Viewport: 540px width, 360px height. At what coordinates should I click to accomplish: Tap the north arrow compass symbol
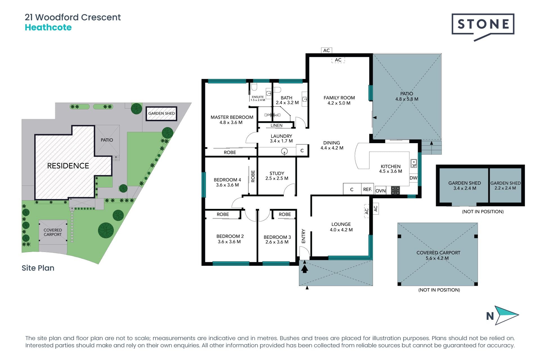(x=507, y=315)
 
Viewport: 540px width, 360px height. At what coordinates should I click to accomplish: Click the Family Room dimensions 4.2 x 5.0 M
(x=339, y=103)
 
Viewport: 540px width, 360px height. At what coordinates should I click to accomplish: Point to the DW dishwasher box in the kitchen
(x=413, y=178)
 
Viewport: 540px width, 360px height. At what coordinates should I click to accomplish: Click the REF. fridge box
(x=368, y=189)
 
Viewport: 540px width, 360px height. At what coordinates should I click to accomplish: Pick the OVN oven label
(x=381, y=191)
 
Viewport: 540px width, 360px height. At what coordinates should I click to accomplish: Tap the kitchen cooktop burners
(x=395, y=190)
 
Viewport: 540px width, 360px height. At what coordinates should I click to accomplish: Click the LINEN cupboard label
(x=276, y=125)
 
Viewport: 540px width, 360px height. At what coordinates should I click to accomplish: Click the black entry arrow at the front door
(x=305, y=269)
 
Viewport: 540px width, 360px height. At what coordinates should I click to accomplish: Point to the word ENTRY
(x=303, y=236)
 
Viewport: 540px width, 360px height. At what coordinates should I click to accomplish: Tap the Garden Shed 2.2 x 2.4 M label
(x=505, y=186)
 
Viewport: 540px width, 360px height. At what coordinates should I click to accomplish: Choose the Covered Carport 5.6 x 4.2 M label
(x=438, y=255)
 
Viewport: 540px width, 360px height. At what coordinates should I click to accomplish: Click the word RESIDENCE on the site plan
(x=68, y=166)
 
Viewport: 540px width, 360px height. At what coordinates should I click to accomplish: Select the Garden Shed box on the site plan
(x=161, y=113)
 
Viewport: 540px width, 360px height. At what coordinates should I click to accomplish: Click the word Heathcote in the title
(x=48, y=28)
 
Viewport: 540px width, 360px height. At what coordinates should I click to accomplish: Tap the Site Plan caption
(x=38, y=268)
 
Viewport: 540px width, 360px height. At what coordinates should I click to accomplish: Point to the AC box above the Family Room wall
(x=327, y=50)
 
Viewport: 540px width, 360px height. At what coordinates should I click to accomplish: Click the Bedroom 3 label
(x=277, y=239)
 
